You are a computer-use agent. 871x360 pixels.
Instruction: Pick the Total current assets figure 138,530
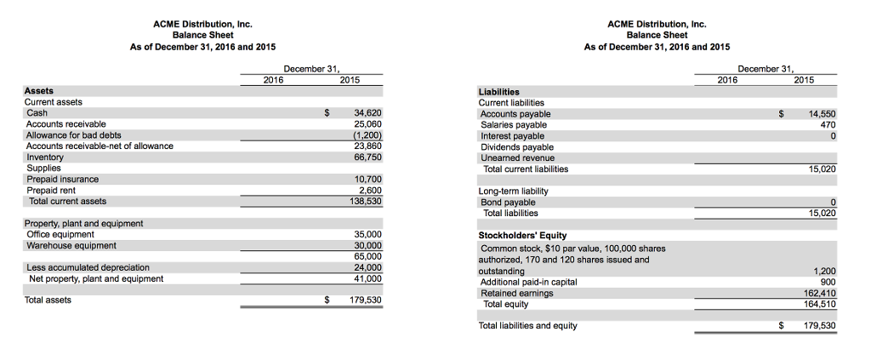point(366,202)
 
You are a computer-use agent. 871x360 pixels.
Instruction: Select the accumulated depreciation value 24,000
point(368,267)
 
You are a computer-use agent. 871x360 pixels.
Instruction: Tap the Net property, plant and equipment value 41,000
point(368,278)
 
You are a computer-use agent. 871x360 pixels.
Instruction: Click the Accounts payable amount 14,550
point(822,113)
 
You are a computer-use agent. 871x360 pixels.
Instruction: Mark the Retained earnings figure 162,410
point(820,293)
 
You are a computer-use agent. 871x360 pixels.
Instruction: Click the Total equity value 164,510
point(820,304)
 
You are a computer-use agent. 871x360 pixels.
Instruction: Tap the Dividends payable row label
point(517,146)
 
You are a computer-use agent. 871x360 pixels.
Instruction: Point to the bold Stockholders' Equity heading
point(522,236)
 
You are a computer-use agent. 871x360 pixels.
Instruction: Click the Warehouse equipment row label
point(71,246)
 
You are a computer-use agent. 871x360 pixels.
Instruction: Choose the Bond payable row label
point(508,203)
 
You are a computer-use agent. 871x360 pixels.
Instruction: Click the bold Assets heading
point(39,91)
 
